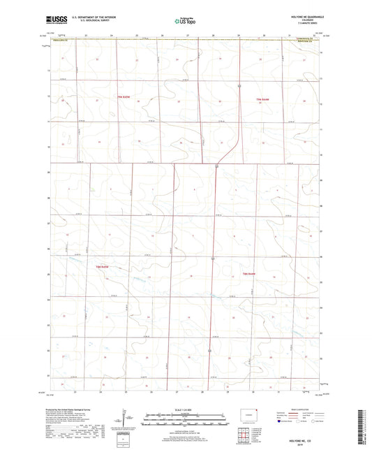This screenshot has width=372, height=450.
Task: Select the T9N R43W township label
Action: [263, 99]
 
